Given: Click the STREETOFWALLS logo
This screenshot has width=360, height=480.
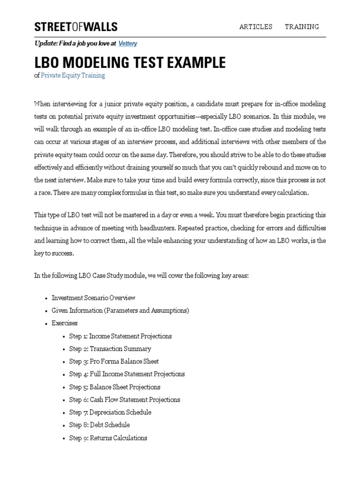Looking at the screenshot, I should pyautogui.click(x=75, y=27).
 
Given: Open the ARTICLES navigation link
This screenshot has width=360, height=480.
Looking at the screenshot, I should pyautogui.click(x=255, y=27).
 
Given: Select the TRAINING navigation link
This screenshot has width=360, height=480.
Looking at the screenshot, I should pyautogui.click(x=302, y=27).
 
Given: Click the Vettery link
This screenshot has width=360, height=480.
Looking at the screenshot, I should pyautogui.click(x=127, y=44).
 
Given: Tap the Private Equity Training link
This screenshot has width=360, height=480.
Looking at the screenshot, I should pyautogui.click(x=73, y=75).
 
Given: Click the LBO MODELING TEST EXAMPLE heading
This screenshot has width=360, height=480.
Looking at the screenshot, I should pyautogui.click(x=130, y=62).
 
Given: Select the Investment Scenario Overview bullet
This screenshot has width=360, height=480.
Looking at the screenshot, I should pyautogui.click(x=93, y=298).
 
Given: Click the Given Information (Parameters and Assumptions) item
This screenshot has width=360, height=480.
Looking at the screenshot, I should pyautogui.click(x=120, y=310).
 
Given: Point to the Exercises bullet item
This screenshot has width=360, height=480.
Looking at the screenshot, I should pyautogui.click(x=65, y=323).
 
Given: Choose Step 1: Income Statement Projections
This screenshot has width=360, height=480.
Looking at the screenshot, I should pyautogui.click(x=120, y=336).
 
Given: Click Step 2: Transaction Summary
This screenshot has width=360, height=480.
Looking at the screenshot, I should pyautogui.click(x=110, y=349).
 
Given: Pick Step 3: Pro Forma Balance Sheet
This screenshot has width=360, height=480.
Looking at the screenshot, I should pyautogui.click(x=114, y=361).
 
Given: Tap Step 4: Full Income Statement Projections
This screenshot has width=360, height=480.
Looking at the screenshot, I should pyautogui.click(x=127, y=374).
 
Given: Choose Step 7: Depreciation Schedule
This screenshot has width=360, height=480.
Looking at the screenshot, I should pyautogui.click(x=110, y=412).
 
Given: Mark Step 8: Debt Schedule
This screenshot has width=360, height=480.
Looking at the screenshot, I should pyautogui.click(x=99, y=425).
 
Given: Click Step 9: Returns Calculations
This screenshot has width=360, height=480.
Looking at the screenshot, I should pyautogui.click(x=108, y=438).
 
